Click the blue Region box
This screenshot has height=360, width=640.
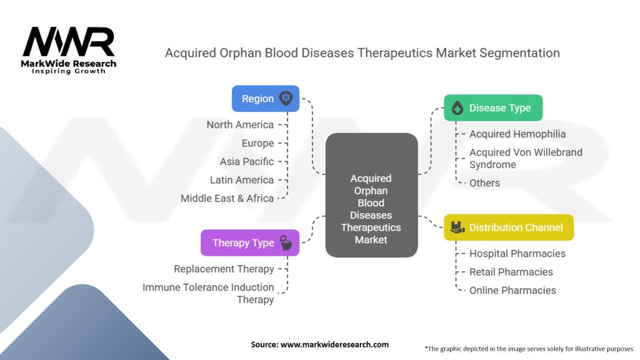tap(265, 99)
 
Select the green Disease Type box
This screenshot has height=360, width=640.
tap(492, 108)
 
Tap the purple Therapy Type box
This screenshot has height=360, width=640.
tap(249, 242)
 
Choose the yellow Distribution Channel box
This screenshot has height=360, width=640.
tap(508, 227)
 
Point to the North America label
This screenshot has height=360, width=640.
tap(241, 125)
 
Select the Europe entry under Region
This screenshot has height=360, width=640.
tap(257, 143)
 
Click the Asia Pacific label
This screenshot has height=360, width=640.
tap(247, 161)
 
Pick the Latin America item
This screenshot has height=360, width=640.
tap(242, 180)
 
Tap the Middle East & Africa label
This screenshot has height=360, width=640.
tap(227, 198)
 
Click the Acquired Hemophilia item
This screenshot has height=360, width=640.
tap(517, 134)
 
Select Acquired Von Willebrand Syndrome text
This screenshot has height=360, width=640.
tap(526, 158)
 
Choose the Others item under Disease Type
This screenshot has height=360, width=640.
tap(484, 183)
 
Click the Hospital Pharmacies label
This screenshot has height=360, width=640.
tap(517, 254)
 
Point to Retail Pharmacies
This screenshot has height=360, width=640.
tap(511, 272)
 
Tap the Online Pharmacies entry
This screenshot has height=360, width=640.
tap(512, 290)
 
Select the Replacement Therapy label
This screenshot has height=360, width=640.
tap(224, 269)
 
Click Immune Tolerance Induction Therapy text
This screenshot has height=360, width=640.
tap(208, 293)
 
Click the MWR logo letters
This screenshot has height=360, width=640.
tap(69, 42)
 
